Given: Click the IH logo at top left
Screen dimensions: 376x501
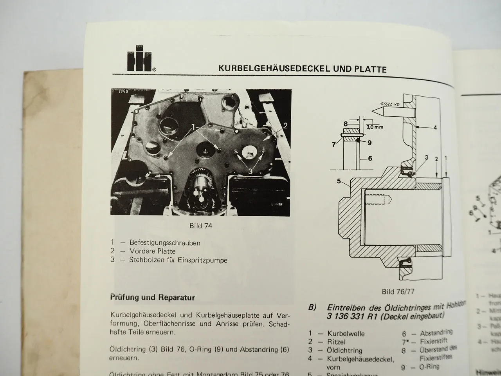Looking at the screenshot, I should [138, 62].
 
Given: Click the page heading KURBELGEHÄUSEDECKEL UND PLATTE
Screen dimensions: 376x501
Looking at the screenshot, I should [302, 69].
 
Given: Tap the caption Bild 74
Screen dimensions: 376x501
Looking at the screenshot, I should [202, 226].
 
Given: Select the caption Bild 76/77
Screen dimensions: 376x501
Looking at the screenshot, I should [398, 291].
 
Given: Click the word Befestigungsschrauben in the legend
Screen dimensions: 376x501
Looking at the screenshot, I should [165, 243].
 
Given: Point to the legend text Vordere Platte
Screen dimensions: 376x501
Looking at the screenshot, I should [152, 251].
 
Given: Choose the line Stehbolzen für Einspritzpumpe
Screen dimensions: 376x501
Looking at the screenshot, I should [178, 260].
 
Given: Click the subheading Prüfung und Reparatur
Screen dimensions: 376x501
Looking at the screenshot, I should [152, 297].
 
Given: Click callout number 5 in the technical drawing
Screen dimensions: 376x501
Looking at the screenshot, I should [339, 181].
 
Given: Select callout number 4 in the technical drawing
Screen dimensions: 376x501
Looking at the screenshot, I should [435, 127].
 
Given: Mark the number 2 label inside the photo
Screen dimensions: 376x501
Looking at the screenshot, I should [285, 126].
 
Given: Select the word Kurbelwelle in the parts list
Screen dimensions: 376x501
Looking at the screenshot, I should [346, 334].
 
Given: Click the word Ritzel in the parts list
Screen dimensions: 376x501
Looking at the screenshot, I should [337, 342].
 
